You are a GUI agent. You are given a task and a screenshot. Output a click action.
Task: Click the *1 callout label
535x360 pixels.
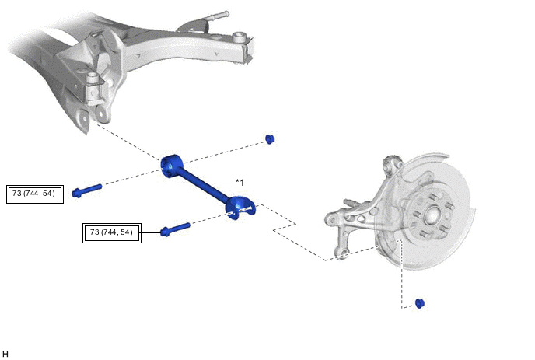coord(240,183)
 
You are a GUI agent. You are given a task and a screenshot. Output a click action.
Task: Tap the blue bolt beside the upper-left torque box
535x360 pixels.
coord(87,190)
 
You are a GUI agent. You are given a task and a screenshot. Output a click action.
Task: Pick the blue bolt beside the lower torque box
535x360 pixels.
coord(175,229)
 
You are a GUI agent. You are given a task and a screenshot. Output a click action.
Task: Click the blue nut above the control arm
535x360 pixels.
coord(270,139)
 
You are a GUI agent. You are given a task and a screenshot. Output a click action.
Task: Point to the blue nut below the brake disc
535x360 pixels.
coord(420,303)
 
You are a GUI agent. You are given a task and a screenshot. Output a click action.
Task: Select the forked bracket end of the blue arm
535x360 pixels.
coord(240,208)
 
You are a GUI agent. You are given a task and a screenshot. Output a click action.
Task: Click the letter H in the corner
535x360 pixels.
coord(5,354)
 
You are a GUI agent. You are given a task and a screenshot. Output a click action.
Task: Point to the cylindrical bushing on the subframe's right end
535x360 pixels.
coord(240,37)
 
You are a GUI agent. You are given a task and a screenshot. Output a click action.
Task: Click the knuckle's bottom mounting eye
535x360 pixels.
coord(342,254)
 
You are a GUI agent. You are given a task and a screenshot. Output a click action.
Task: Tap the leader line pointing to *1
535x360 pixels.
coord(219,183)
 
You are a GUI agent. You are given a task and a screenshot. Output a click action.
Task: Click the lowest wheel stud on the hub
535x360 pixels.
coord(423,234)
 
